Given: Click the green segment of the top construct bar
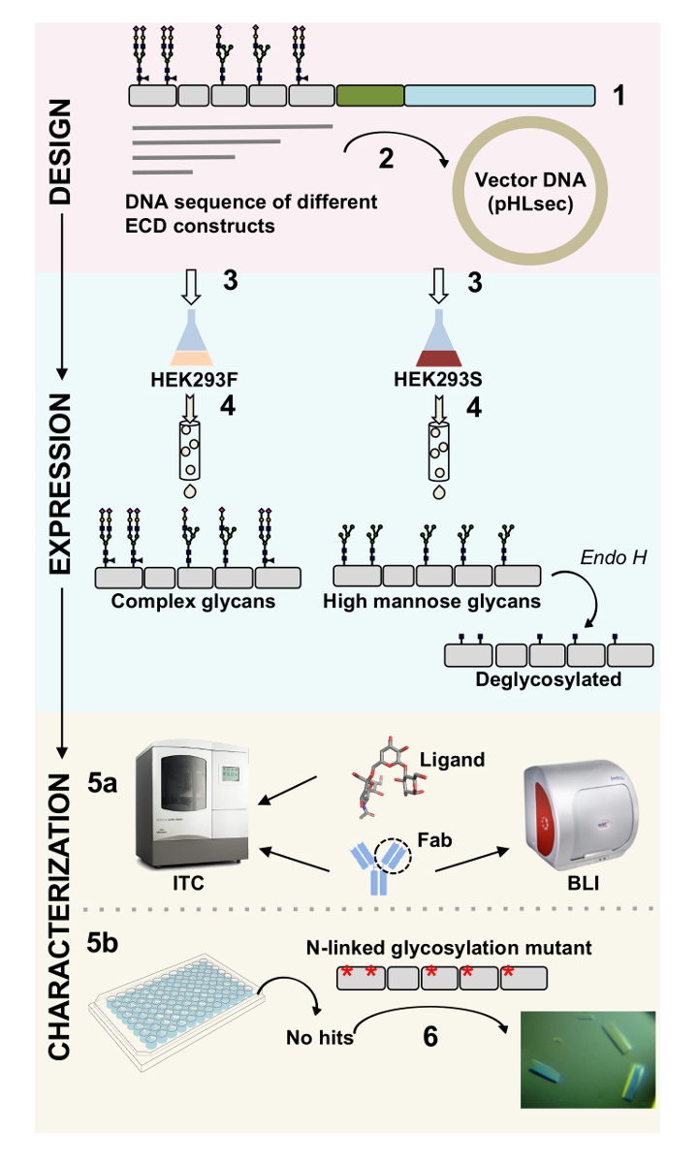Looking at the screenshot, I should (x=369, y=95).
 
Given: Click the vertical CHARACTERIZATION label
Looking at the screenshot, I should (x=60, y=915).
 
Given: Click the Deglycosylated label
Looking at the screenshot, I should (x=549, y=678).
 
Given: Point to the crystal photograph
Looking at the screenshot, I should (x=587, y=1059).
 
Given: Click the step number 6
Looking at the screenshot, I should (x=429, y=1037).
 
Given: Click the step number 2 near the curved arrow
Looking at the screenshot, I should (x=386, y=158).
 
